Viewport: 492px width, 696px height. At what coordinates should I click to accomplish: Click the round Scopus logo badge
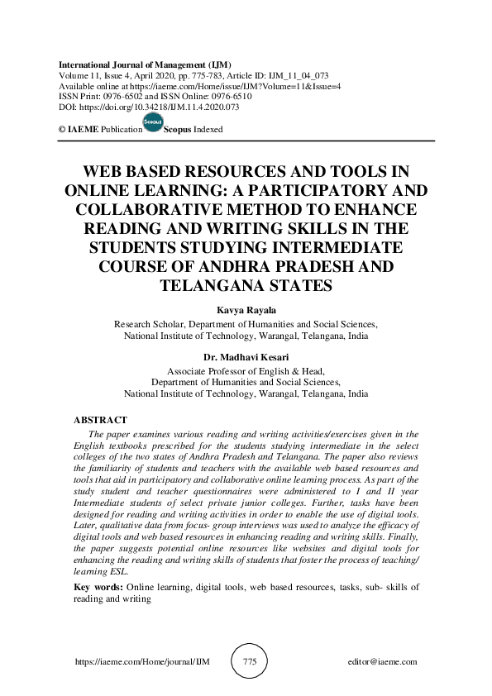pyautogui.click(x=153, y=123)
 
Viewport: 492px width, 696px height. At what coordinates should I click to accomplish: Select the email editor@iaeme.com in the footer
pyautogui.click(x=383, y=662)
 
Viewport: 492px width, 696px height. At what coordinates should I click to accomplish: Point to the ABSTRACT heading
pyautogui.click(x=100, y=421)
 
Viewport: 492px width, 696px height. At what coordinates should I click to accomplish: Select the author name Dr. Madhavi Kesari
pyautogui.click(x=246, y=359)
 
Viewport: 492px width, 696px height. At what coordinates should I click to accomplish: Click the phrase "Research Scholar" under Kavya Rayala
pyautogui.click(x=148, y=325)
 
